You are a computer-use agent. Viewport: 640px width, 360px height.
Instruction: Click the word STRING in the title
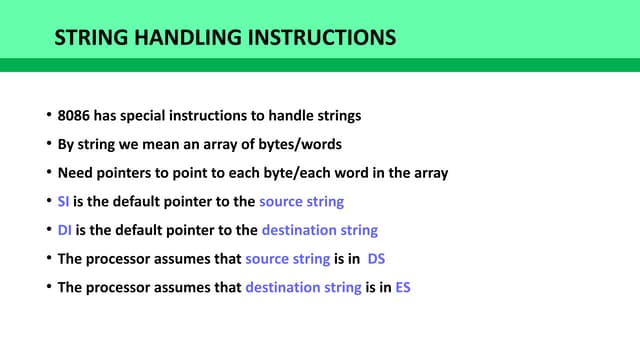tap(86, 39)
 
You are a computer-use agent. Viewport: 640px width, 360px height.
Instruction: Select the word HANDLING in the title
tap(181, 39)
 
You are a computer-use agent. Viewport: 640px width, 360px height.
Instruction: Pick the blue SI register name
tap(64, 202)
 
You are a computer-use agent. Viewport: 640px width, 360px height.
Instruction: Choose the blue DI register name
tap(65, 230)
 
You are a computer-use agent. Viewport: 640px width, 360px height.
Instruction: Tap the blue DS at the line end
tap(376, 259)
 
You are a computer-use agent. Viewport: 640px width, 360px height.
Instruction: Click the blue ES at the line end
tap(403, 288)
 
